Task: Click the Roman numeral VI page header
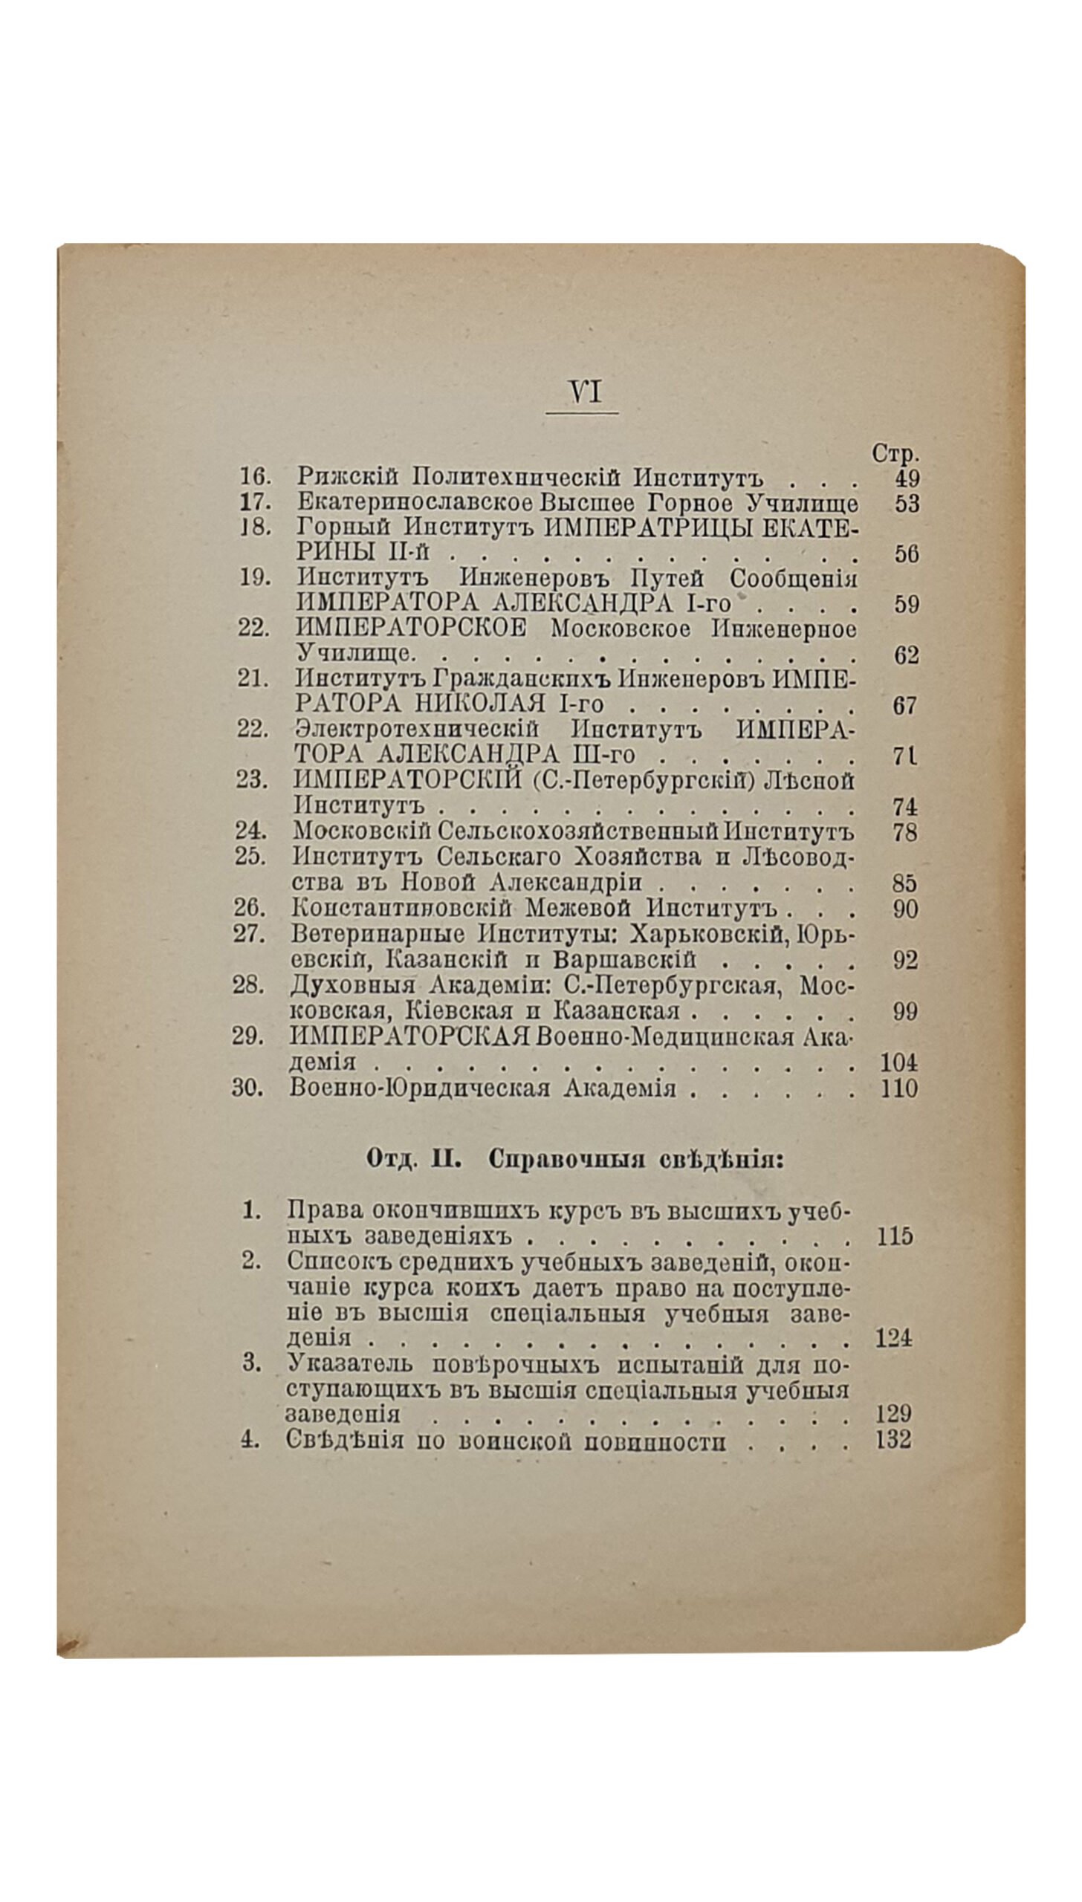(585, 392)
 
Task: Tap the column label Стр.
(895, 453)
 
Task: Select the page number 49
(907, 478)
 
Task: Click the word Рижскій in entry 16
(349, 476)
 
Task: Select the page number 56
(907, 554)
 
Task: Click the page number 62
(907, 655)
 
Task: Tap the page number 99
(905, 1011)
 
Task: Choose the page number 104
(899, 1062)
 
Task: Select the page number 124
(894, 1338)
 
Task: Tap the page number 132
(893, 1440)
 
